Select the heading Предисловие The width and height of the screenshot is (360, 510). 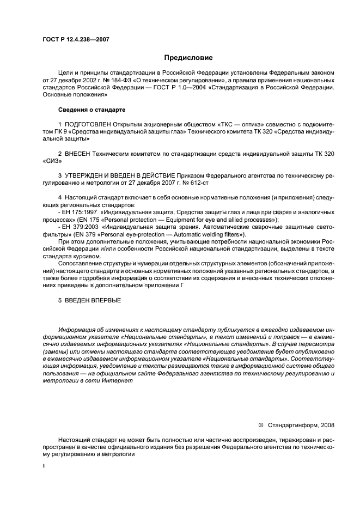188,58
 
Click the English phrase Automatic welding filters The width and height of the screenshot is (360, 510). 212,235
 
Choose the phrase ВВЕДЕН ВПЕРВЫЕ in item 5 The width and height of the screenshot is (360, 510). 93,300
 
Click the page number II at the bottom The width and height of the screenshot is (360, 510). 45,467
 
